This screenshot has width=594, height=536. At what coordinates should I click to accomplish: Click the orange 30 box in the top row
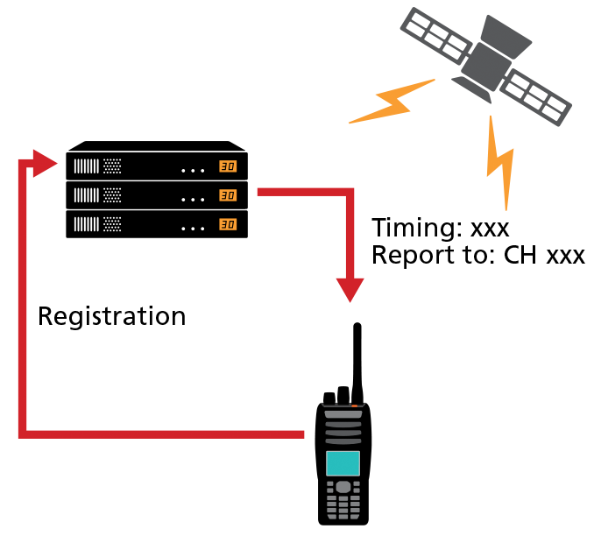pos(228,166)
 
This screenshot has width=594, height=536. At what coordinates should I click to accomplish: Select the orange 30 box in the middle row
pos(228,195)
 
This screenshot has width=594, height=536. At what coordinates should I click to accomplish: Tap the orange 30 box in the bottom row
pos(228,224)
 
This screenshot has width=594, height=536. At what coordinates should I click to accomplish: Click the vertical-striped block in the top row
pos(87,166)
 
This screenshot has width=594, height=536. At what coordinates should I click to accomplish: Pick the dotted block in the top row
pos(112,166)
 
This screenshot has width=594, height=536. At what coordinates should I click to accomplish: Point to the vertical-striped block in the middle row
pos(87,195)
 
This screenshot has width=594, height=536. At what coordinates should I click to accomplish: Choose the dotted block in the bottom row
pos(112,224)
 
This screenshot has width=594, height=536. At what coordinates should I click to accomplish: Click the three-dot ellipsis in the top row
pos(193,171)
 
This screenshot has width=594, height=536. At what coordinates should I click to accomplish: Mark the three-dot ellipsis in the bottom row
pos(193,229)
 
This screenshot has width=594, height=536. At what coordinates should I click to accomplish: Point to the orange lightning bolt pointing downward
pos(500,162)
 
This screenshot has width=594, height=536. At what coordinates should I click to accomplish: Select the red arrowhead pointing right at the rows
pos(44,163)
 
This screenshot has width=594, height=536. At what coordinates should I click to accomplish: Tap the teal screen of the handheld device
pos(343,463)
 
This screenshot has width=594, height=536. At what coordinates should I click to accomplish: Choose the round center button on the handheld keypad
pos(343,487)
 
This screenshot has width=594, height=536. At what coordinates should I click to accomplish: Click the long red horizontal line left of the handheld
pos(166,434)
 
